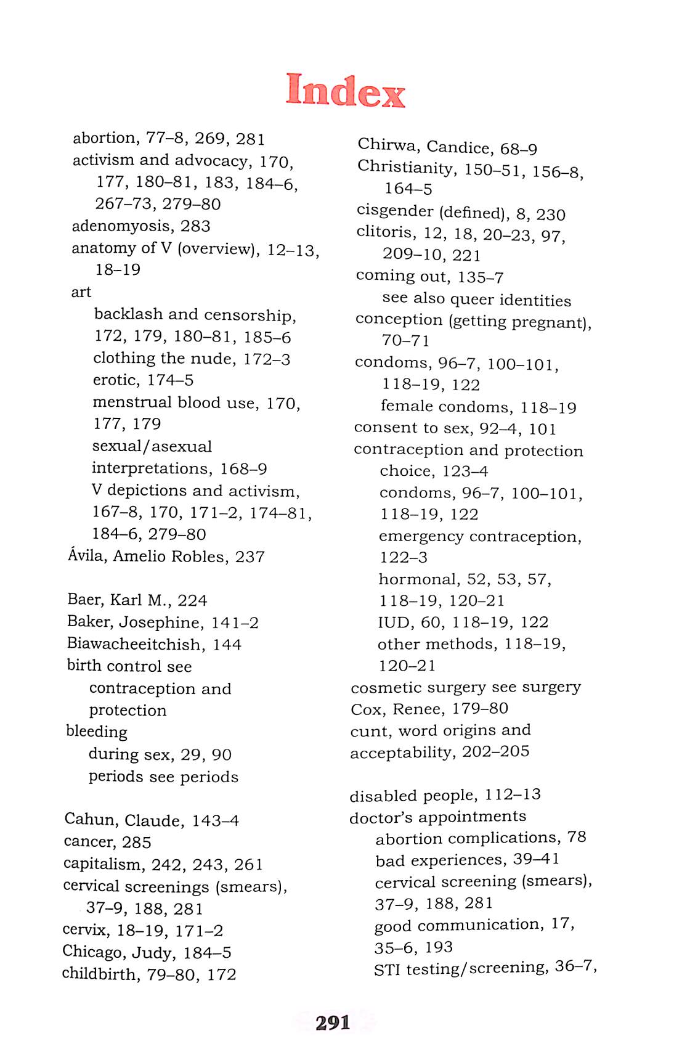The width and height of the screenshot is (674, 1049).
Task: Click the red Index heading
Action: click(345, 91)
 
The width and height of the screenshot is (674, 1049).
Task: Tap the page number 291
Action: click(333, 1022)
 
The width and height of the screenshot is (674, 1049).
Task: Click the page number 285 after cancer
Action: click(136, 843)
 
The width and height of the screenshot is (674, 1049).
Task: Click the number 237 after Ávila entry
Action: click(250, 557)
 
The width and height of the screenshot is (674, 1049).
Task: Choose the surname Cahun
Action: click(91, 820)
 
